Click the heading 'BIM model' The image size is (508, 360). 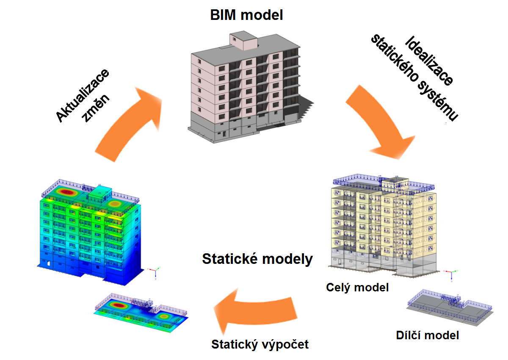(x=247, y=15)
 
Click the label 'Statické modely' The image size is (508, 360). (x=257, y=259)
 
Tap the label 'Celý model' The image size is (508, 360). (x=357, y=288)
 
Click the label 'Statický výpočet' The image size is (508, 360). (x=260, y=344)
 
